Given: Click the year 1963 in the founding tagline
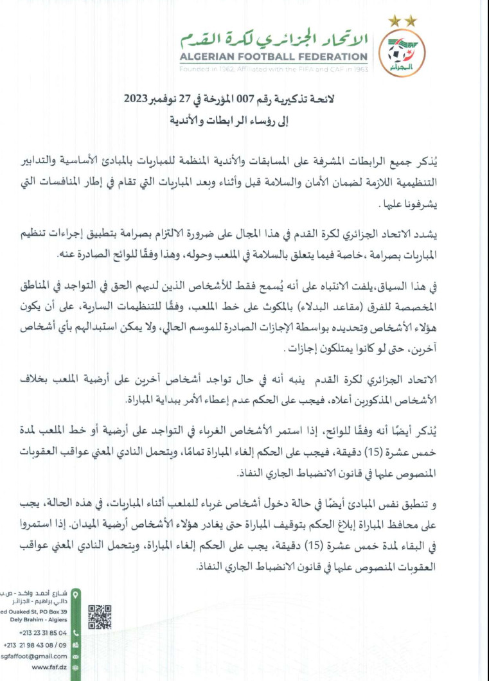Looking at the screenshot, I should [359, 68].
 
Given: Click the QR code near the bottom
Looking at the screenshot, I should [100, 617].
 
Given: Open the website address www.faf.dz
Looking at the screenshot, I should [49, 668].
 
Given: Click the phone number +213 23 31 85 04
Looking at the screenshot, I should [44, 633].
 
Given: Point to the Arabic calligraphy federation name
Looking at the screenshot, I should [274, 39].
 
